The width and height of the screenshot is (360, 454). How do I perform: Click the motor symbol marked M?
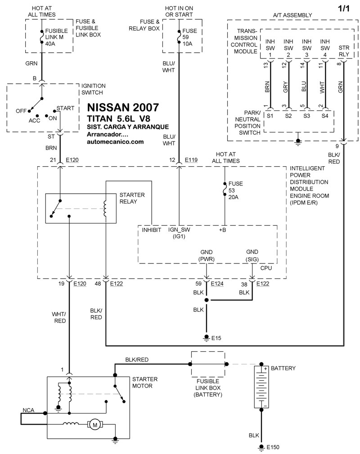coord(94,425)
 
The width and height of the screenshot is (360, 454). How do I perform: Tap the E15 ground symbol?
coord(207,337)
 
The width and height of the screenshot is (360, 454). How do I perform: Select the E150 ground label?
coord(273,447)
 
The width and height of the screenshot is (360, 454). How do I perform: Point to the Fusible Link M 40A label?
coord(54,37)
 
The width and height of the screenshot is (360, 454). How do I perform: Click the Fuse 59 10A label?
coord(189,37)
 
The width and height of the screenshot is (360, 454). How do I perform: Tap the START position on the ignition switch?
coord(65,108)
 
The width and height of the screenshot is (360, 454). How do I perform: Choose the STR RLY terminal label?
coord(344,51)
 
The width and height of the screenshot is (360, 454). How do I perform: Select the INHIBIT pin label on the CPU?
coord(151,230)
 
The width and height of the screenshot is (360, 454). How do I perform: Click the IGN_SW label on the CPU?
coord(179,230)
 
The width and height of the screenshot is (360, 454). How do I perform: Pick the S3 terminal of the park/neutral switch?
coord(306,116)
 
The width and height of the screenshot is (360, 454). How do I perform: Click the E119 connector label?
coord(191,159)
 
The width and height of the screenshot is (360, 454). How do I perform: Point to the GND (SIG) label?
coord(252,256)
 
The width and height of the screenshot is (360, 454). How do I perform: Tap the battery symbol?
coord(261,386)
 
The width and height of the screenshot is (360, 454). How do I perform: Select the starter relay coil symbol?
coord(105,209)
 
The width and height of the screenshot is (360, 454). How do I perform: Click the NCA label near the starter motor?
coord(28,410)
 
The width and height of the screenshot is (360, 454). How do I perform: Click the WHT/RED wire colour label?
coord(59,318)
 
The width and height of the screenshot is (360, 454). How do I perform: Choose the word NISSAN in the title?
coord(108,107)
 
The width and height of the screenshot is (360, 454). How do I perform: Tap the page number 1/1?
coord(343,9)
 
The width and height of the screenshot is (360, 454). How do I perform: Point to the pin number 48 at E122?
coord(98,283)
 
